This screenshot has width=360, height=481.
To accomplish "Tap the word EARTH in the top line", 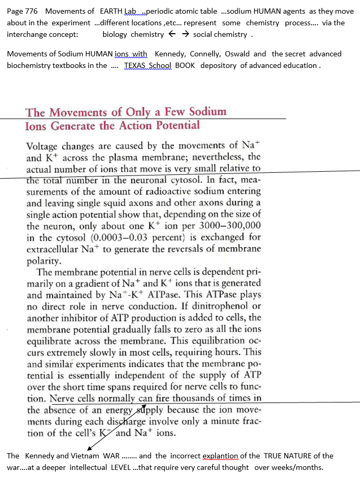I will (x=112, y=11).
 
